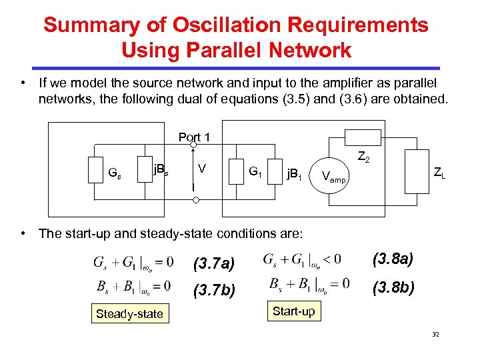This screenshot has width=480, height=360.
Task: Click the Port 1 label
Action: coord(194,137)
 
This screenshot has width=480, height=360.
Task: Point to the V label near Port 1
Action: coord(201,169)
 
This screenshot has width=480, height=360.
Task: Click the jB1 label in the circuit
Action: coord(294,176)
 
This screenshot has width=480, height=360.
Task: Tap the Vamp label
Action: coord(333,177)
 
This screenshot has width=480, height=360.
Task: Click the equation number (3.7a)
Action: coord(213,264)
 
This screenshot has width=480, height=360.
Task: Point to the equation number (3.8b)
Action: coord(393,287)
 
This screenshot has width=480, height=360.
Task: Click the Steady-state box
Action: coord(129,313)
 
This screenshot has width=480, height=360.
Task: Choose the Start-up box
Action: coord(293,311)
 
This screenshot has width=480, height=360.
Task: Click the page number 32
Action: coord(435,334)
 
